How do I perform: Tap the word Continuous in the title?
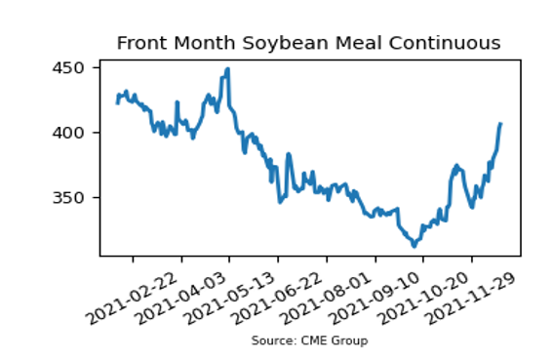(445, 43)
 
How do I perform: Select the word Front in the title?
(141, 43)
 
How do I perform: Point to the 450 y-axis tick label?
(68, 67)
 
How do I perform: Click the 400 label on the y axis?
(68, 133)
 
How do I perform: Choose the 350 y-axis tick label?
(68, 198)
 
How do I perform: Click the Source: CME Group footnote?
(309, 340)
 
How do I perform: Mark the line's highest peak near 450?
(228, 69)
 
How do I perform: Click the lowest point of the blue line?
(415, 246)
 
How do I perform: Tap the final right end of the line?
(500, 123)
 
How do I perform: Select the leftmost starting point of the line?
(117, 103)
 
